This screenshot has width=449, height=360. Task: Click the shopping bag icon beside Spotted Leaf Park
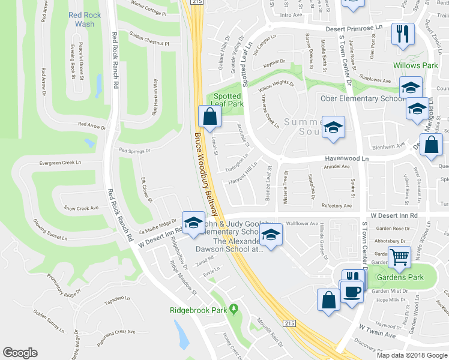click(209, 116)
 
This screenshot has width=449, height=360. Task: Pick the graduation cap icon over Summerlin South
click(333, 127)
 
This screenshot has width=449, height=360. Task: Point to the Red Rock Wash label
click(85, 19)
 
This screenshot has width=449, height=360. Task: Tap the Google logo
click(20, 353)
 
